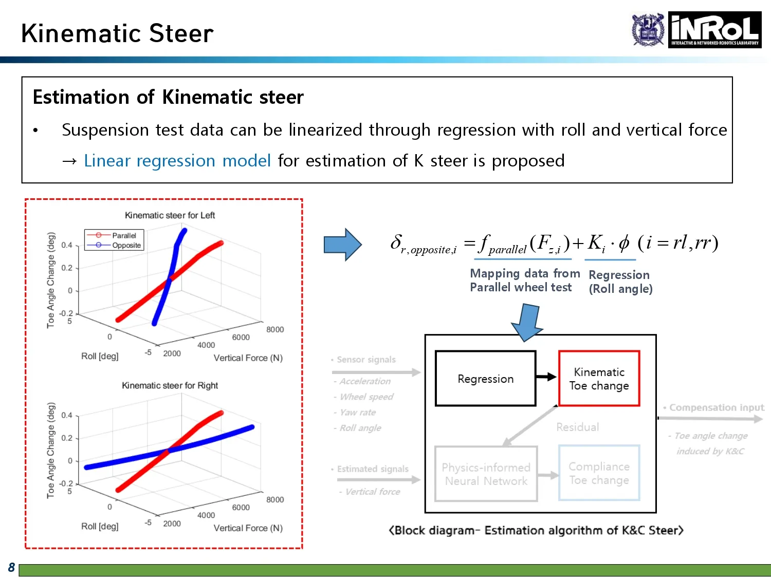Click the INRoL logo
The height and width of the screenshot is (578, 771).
coord(714,30)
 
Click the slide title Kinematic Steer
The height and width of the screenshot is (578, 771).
coord(117,34)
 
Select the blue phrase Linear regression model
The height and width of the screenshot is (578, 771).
coord(177,161)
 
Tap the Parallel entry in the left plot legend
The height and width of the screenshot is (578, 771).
coord(124,235)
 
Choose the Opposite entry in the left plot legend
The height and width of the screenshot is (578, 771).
coord(126,245)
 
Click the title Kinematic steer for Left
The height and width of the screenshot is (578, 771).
coord(170,215)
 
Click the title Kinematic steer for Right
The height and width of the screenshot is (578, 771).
coord(170,385)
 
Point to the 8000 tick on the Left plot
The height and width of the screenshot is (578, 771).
coord(275,329)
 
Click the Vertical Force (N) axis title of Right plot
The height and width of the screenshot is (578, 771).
coord(248,528)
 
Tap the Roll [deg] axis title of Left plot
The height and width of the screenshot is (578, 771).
coord(100,356)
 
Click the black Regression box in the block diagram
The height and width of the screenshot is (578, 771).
coord(485,379)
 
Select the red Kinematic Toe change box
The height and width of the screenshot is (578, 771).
coord(599,379)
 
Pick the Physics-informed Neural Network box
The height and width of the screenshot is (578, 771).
coord(486,474)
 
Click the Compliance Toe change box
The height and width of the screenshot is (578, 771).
coord(599,473)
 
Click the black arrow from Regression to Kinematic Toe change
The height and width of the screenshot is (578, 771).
coord(546,377)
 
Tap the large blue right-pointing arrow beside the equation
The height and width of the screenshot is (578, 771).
coord(342,245)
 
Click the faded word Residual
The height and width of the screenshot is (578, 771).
coord(577,427)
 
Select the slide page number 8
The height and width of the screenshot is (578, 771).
coord(11,567)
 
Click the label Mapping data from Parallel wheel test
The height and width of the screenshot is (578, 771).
coord(524,281)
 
